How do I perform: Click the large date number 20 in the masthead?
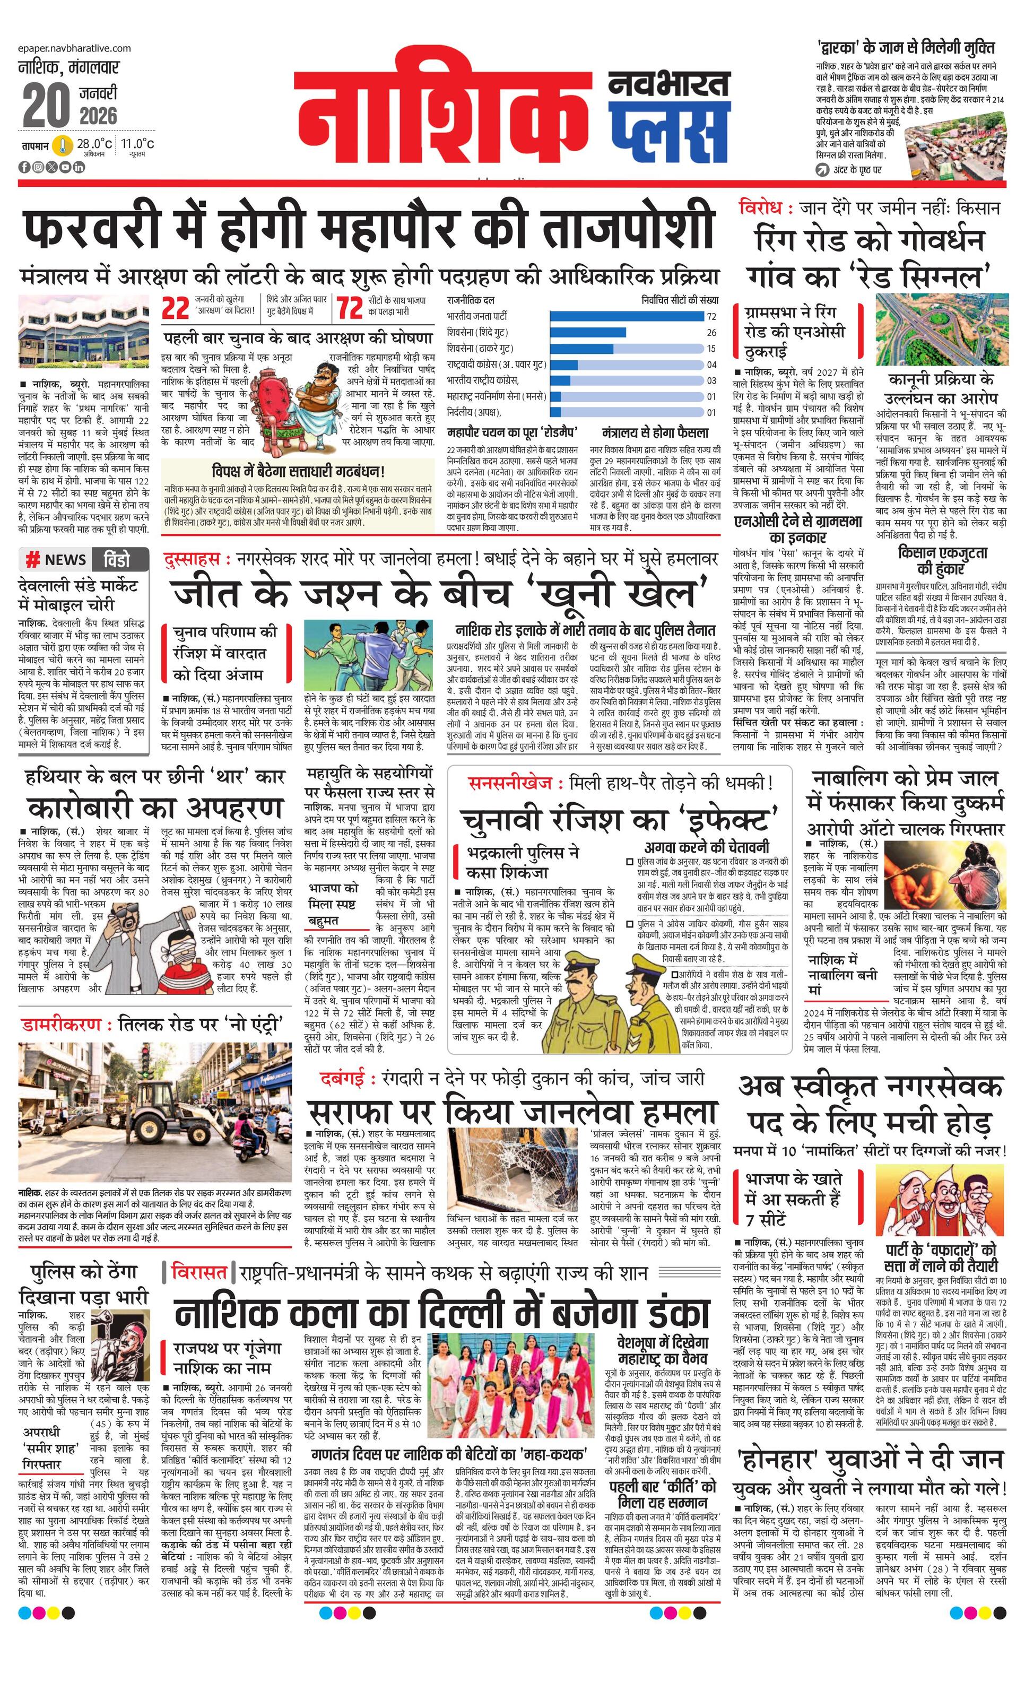pos(46,106)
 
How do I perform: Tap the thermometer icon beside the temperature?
pos(64,145)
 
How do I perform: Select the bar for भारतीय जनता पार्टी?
pos(626,316)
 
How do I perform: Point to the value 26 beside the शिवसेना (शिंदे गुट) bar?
pos(711,333)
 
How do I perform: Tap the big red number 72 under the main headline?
pos(350,309)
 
